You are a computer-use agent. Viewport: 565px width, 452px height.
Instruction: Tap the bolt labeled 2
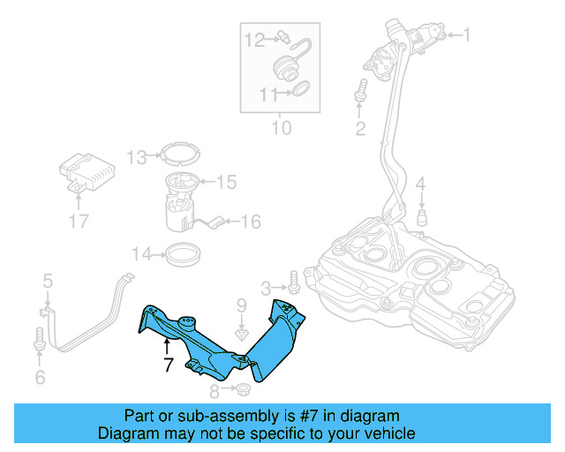coord(360,91)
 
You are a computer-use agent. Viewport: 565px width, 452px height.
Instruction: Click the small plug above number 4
coord(422,216)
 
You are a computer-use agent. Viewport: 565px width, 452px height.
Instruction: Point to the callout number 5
coord(48,281)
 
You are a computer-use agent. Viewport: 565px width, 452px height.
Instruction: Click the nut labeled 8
coord(243,390)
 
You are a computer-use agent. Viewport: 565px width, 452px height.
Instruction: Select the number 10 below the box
coord(280,129)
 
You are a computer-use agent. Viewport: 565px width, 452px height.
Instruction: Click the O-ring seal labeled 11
coord(300,89)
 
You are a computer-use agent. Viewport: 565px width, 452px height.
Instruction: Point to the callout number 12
coord(254,39)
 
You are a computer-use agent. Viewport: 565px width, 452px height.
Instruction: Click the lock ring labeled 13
coord(180,156)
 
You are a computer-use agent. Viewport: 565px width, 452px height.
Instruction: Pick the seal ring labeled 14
coord(183,255)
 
